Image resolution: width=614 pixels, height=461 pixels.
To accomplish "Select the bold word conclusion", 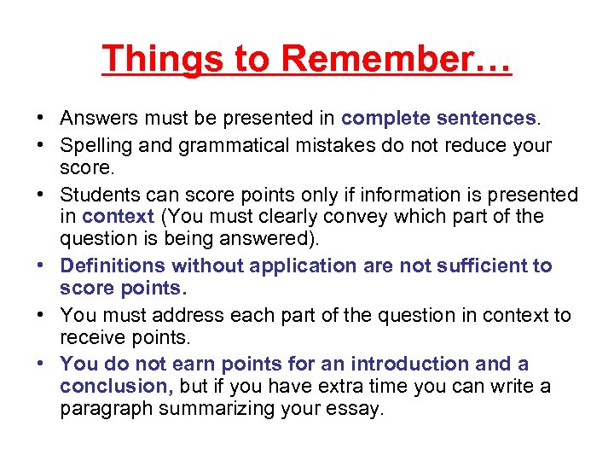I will pyautogui.click(x=115, y=387).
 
